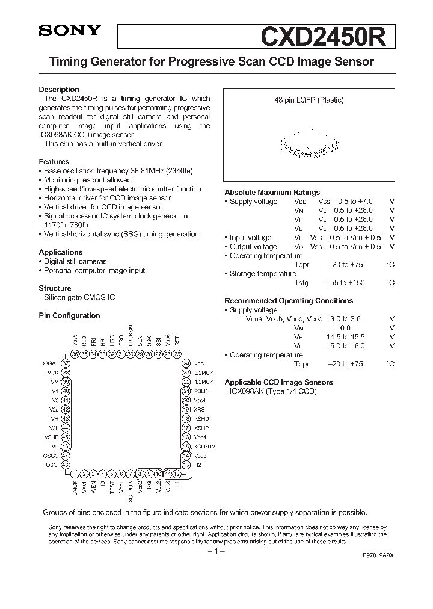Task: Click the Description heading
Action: (59, 90)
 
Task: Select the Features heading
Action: (54, 162)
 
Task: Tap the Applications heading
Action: (61, 252)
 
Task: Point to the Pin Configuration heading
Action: (69, 315)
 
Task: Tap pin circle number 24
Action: (187, 363)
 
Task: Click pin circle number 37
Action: (66, 363)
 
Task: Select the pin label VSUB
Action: (52, 437)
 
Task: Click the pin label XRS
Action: (200, 409)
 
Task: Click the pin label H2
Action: (198, 465)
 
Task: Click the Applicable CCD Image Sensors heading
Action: (278, 382)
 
